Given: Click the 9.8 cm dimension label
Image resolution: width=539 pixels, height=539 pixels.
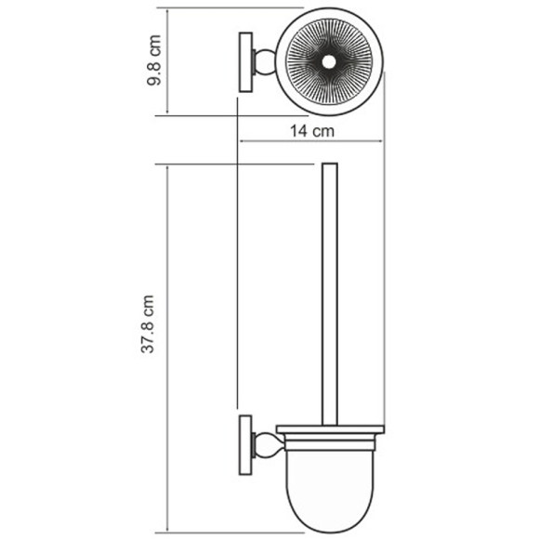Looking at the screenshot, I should point(157,62).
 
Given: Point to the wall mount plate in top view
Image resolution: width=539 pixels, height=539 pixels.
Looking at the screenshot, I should point(247,63).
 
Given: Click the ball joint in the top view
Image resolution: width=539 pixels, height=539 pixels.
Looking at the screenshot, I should point(265,63).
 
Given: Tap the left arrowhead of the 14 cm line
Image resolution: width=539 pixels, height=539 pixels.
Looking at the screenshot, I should point(243,142).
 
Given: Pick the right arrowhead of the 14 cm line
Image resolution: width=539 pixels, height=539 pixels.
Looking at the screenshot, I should point(381,142).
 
